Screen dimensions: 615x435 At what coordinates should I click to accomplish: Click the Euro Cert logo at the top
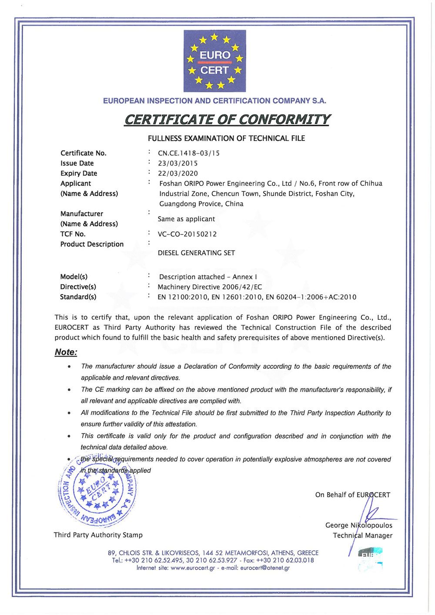(x=214, y=61)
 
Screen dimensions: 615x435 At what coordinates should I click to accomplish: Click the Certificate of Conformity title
(x=227, y=120)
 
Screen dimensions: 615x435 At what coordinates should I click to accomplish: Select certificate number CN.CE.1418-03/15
(x=189, y=153)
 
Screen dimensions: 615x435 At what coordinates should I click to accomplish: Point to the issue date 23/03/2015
(x=177, y=164)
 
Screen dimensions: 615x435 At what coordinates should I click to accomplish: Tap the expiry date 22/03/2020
(x=177, y=174)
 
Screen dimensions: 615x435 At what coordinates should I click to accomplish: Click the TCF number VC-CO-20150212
(x=187, y=234)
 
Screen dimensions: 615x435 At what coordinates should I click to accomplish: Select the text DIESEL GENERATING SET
(x=196, y=253)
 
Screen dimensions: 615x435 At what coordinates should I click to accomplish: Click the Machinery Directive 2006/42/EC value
(x=210, y=287)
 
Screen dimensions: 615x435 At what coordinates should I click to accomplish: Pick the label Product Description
(x=92, y=244)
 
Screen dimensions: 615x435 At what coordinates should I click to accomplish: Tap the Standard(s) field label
(x=78, y=297)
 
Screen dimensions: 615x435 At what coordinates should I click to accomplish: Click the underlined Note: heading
(x=66, y=352)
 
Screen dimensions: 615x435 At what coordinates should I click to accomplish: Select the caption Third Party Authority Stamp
(x=98, y=535)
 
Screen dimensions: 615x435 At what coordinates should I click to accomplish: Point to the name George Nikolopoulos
(x=358, y=525)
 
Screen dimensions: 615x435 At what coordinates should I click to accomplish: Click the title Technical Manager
(x=362, y=536)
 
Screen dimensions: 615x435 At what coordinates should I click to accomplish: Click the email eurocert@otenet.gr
(x=265, y=568)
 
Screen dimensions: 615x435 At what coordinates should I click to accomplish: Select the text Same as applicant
(x=186, y=219)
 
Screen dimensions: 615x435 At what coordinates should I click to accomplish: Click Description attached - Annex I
(x=208, y=277)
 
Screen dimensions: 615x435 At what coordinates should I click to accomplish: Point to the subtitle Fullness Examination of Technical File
(x=226, y=139)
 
